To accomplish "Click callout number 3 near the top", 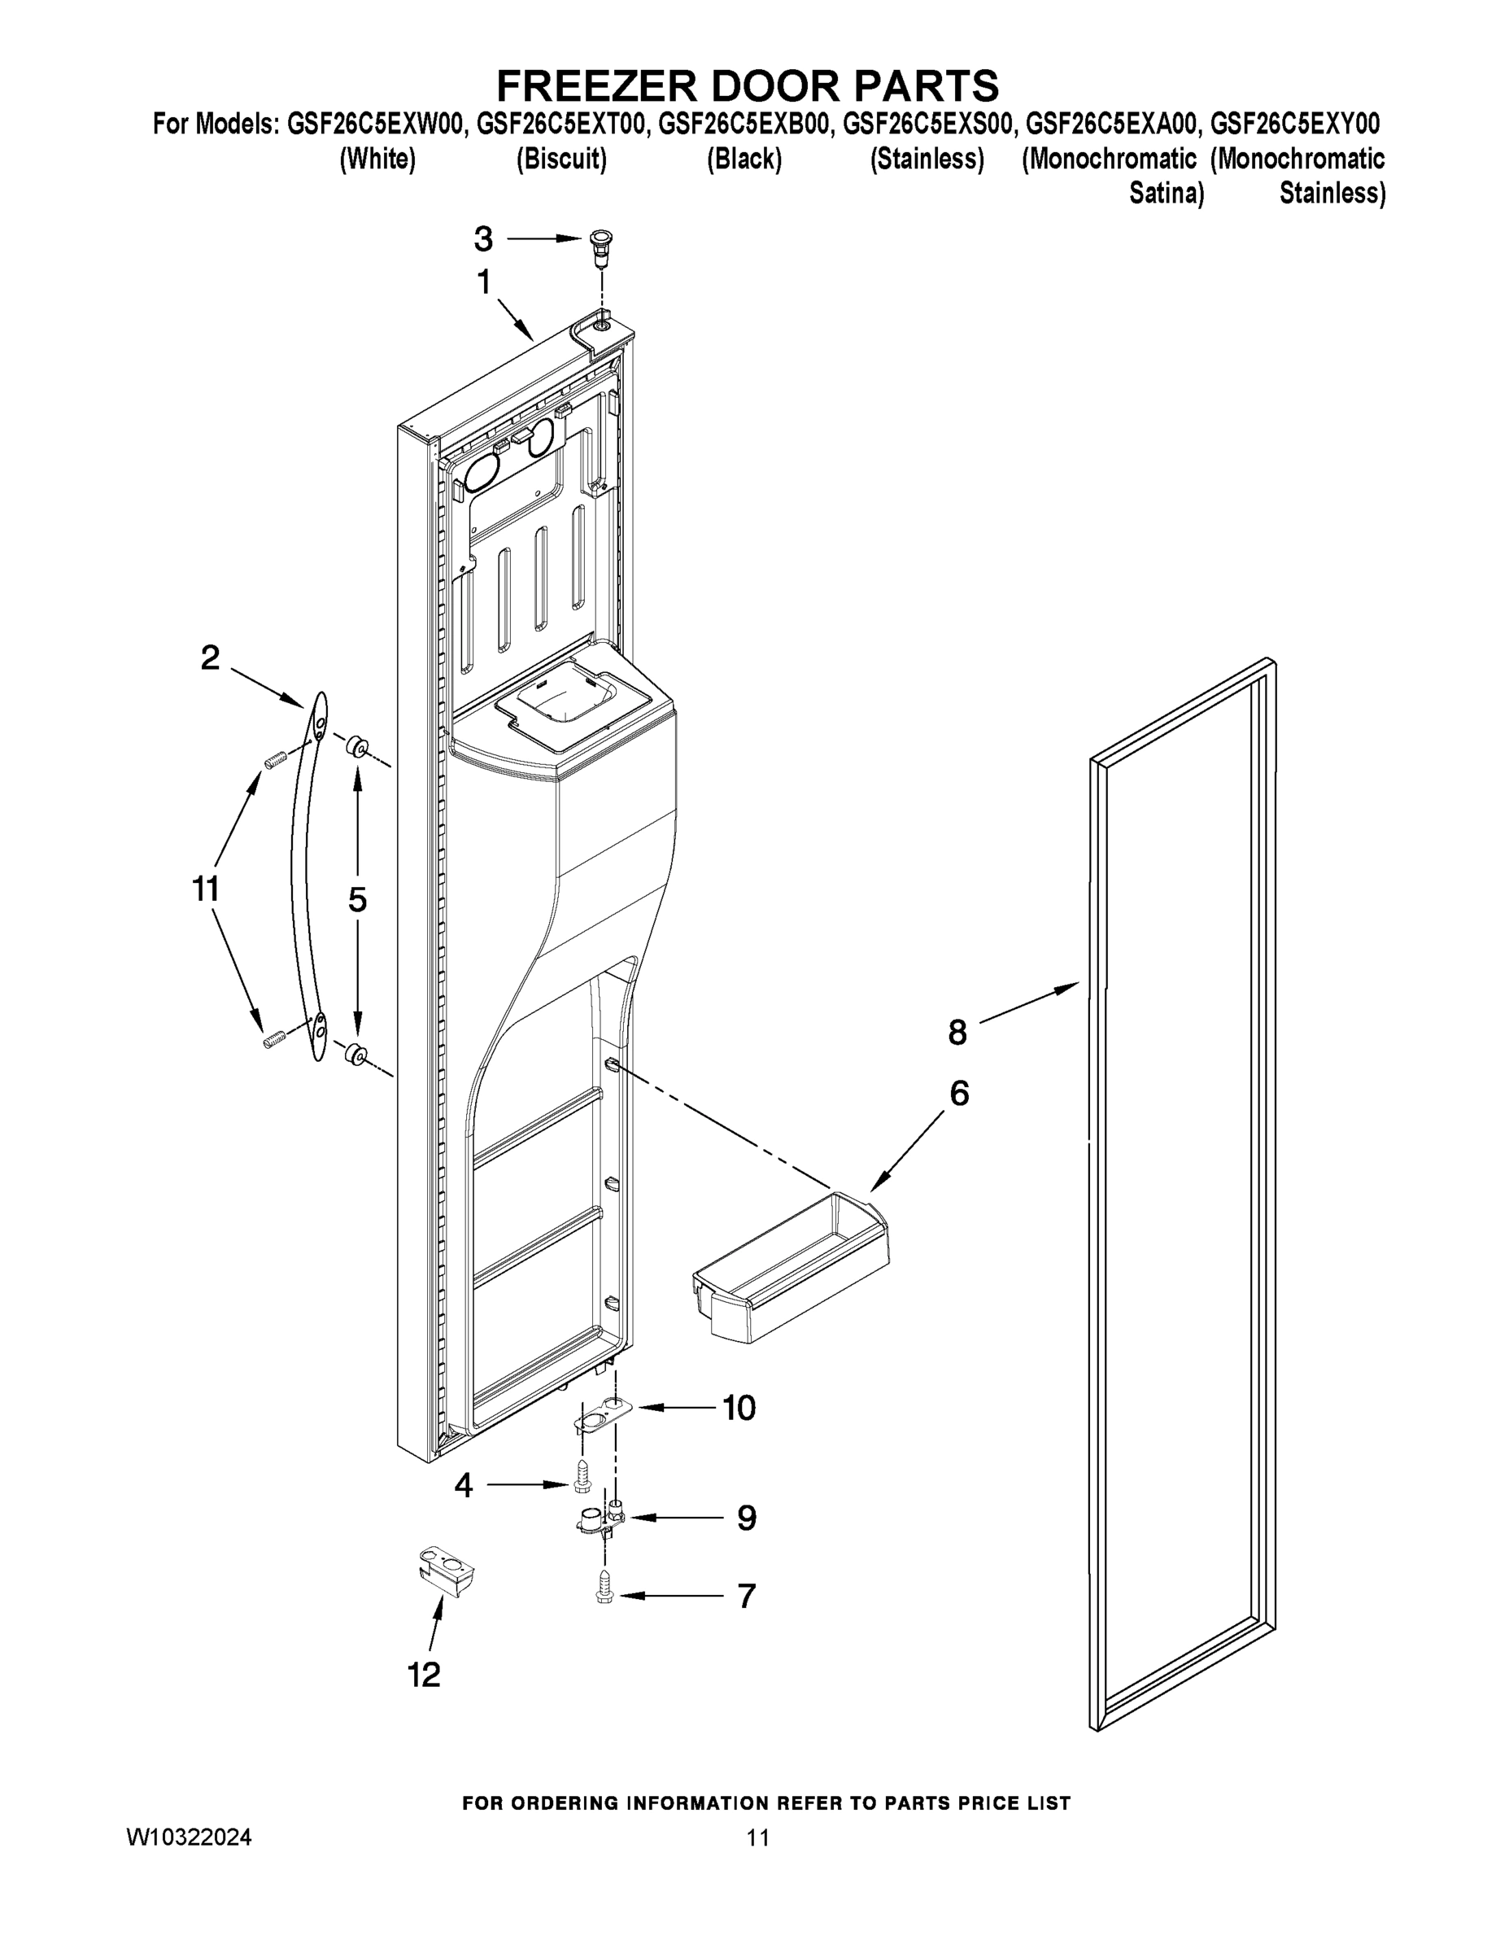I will point(482,238).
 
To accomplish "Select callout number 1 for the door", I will point(484,282).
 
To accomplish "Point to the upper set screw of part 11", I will point(273,760).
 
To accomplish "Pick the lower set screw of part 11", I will point(273,1039).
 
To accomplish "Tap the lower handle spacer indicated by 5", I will point(355,1055).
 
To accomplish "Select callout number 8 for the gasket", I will point(957,1033).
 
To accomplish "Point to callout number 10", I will point(739,1408).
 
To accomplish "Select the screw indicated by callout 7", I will point(603,1592).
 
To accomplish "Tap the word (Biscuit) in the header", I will point(561,159).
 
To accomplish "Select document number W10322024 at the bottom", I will point(190,1837).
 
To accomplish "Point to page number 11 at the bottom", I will point(758,1837).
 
